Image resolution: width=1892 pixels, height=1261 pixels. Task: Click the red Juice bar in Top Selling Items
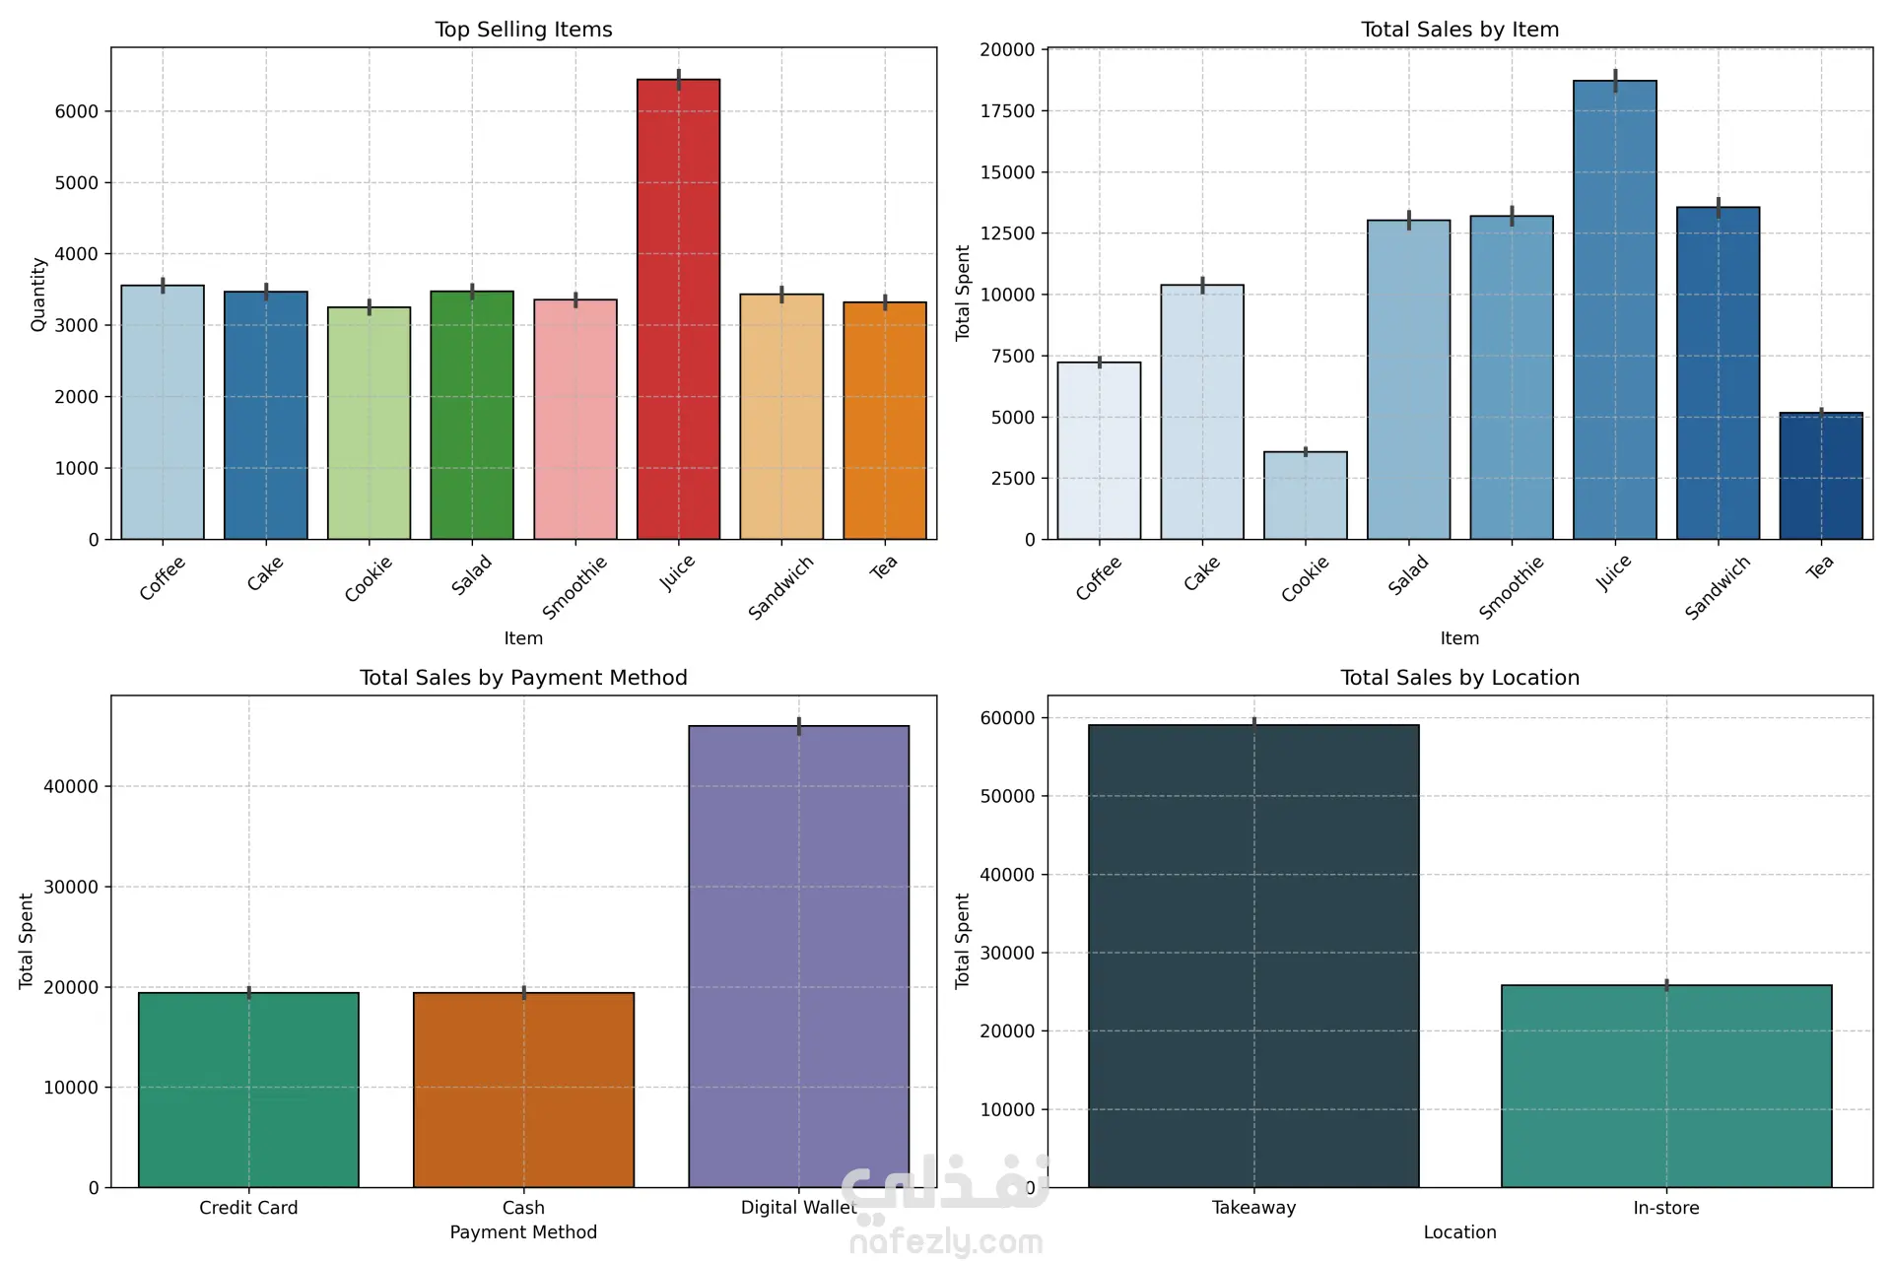678,309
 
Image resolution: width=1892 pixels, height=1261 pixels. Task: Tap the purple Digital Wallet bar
798,956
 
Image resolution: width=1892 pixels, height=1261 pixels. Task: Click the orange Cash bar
523,1090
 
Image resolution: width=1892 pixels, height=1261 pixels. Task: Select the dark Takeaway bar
1253,956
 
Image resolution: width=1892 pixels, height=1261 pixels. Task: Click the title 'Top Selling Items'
523,30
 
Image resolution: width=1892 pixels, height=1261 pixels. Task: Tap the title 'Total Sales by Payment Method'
523,678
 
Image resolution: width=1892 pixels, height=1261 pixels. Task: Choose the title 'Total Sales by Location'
1459,678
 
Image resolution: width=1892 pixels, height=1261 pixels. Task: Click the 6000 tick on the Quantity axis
77,112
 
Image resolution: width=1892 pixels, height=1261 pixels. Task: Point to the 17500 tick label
1007,111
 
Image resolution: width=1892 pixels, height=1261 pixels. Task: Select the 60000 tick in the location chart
1007,718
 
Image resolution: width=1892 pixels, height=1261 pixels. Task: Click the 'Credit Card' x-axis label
248,1208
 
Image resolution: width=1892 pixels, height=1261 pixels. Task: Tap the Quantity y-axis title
38,294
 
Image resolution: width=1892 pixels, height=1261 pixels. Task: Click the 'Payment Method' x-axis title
523,1232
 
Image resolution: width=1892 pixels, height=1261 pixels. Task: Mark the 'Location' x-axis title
1459,1232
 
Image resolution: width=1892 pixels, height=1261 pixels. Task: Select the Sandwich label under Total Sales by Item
1717,587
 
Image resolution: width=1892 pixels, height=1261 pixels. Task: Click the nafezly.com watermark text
945,1242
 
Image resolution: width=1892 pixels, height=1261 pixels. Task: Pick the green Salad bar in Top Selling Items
472,415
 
